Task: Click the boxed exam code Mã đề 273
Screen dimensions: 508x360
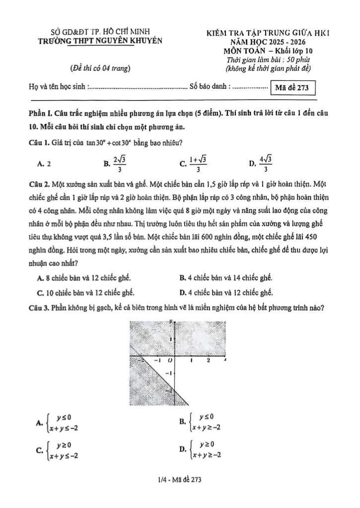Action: pos(292,88)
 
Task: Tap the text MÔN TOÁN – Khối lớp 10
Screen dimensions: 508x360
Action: pos(268,51)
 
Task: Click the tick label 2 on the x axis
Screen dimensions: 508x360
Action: pos(208,361)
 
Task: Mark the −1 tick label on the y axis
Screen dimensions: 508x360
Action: pos(167,372)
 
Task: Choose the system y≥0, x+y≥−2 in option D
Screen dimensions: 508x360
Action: pos(204,449)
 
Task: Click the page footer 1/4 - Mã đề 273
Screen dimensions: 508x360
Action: pos(179,480)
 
